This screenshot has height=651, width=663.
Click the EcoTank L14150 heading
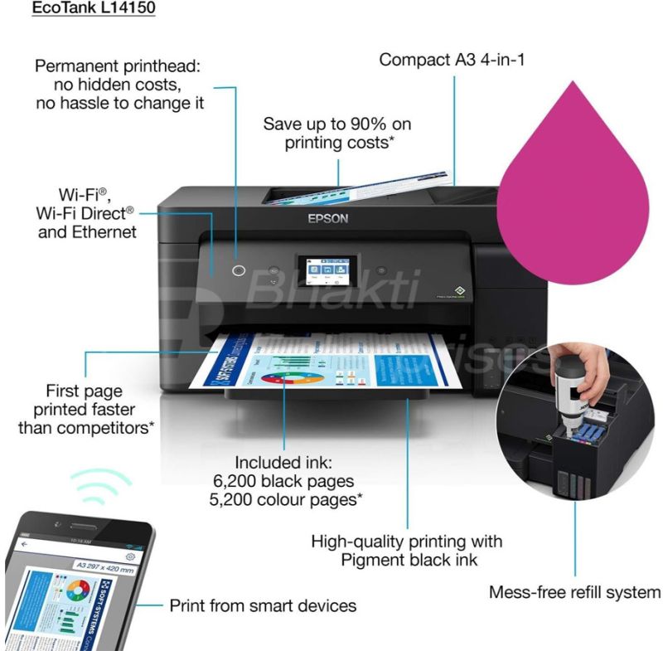[x=93, y=9]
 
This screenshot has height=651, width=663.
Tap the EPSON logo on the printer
[x=328, y=219]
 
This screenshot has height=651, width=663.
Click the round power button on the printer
[x=240, y=270]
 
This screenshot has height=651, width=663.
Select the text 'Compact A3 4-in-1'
[x=452, y=60]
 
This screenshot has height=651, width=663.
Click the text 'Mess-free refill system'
[x=574, y=592]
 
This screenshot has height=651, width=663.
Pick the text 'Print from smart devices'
[x=263, y=605]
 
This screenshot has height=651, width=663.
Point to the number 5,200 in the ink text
[x=242, y=500]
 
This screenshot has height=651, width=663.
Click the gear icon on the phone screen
[x=131, y=556]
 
